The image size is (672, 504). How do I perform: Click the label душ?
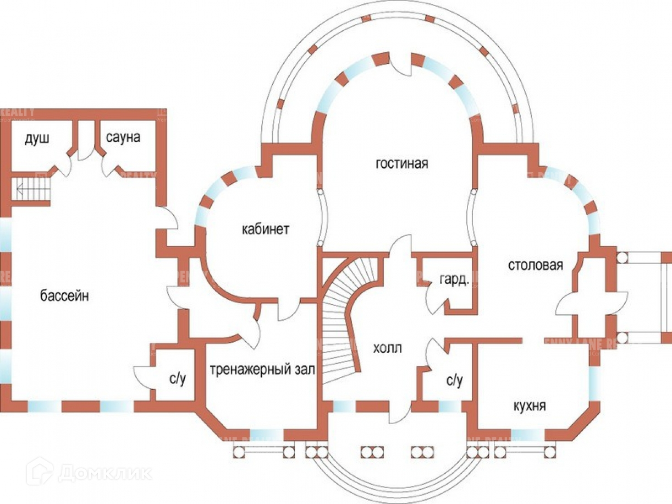37,138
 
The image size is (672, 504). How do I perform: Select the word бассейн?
64,296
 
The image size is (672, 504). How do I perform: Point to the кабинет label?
265,229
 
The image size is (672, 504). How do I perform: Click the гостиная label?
401,164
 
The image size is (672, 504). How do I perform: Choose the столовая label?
535,265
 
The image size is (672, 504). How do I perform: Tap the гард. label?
454,280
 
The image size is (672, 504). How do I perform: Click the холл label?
388,348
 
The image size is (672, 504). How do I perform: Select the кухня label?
529,406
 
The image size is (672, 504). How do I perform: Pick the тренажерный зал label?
262,370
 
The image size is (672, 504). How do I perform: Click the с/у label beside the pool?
178,379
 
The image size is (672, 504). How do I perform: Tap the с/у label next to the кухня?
454,380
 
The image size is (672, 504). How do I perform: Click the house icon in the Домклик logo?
43,471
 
